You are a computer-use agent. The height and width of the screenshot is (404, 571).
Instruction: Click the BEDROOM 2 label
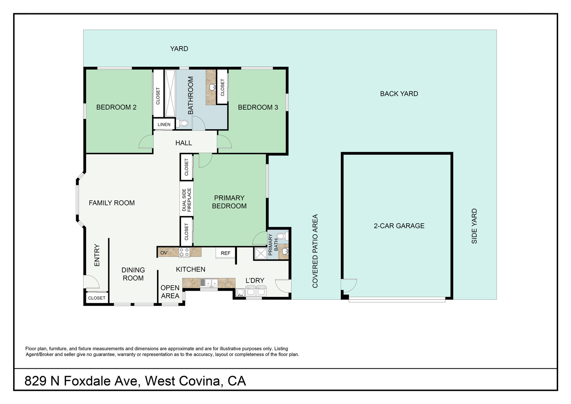click(116, 107)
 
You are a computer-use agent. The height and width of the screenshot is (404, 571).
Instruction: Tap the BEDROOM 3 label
click(258, 107)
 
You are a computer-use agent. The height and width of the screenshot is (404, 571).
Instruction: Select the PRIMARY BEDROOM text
click(229, 202)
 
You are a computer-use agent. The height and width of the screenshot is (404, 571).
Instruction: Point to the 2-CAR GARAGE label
click(399, 226)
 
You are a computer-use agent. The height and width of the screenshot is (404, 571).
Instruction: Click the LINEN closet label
click(164, 124)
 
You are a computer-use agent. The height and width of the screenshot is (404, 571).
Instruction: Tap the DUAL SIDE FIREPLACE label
click(187, 200)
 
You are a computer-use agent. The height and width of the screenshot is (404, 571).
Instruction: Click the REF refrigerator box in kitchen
click(226, 253)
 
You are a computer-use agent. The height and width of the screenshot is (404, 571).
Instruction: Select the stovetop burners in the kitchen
click(184, 252)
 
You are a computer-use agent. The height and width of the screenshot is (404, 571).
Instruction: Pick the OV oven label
click(164, 253)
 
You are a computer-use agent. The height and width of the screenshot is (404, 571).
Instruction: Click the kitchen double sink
click(209, 283)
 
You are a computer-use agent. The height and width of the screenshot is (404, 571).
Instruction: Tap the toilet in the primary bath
click(281, 236)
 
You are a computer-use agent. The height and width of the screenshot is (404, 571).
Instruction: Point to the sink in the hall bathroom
click(213, 87)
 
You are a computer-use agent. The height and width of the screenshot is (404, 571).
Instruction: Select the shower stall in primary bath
click(261, 253)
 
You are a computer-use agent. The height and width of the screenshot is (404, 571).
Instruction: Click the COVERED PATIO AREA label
click(315, 251)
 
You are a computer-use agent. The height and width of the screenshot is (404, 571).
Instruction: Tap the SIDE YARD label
click(474, 226)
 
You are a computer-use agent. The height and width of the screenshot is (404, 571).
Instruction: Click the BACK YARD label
click(399, 94)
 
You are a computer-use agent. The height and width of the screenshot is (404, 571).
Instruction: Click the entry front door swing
click(91, 282)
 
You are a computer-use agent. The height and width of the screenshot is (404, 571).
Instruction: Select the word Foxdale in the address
click(100, 381)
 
